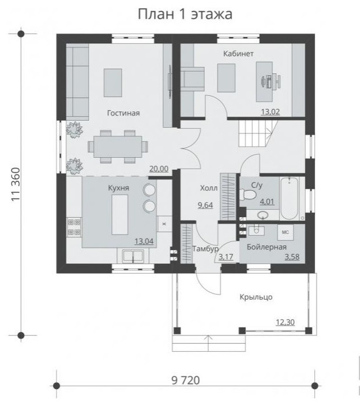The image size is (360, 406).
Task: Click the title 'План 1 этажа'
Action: (185, 14)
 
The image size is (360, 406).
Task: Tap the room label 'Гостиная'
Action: (123, 113)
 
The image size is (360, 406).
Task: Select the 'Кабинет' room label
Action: (238, 54)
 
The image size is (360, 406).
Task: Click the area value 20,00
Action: (159, 169)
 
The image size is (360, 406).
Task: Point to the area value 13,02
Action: (270, 112)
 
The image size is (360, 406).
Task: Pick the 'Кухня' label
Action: (118, 188)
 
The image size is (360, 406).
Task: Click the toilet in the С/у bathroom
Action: (247, 194)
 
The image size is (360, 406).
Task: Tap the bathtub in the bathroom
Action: (290, 198)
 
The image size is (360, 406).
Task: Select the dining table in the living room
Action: (118, 146)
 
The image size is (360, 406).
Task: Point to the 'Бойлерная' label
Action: (267, 247)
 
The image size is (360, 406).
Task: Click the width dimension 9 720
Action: (186, 381)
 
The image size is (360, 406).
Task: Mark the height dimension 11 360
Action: (16, 184)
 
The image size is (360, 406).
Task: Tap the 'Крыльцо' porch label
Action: (256, 297)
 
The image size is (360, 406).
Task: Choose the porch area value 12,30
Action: (285, 322)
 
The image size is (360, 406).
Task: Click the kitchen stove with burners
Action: (74, 228)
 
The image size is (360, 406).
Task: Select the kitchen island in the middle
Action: (120, 215)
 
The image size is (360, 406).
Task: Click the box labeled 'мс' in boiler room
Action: (286, 232)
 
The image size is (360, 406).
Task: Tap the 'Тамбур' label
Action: (205, 249)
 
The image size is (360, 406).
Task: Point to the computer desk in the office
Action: (264, 82)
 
